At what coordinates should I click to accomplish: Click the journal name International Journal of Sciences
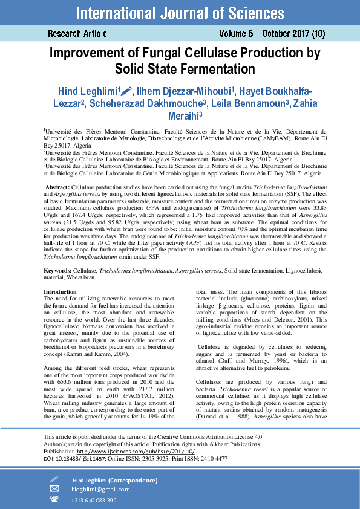[180, 12]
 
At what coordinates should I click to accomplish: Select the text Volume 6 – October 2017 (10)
[277, 34]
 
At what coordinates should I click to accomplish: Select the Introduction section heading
[60, 292]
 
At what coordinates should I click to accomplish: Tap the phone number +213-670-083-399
[93, 500]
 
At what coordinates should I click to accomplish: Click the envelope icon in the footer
[54, 489]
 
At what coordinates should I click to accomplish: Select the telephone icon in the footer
[54, 499]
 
